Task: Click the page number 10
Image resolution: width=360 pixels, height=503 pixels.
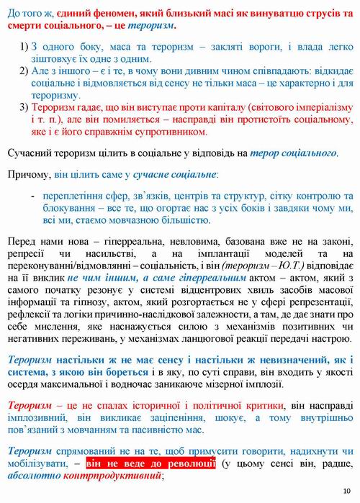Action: coord(346,491)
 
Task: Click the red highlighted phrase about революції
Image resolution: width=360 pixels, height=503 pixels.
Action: coord(150,463)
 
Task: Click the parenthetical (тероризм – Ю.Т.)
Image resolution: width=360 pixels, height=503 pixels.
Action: coord(258,266)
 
